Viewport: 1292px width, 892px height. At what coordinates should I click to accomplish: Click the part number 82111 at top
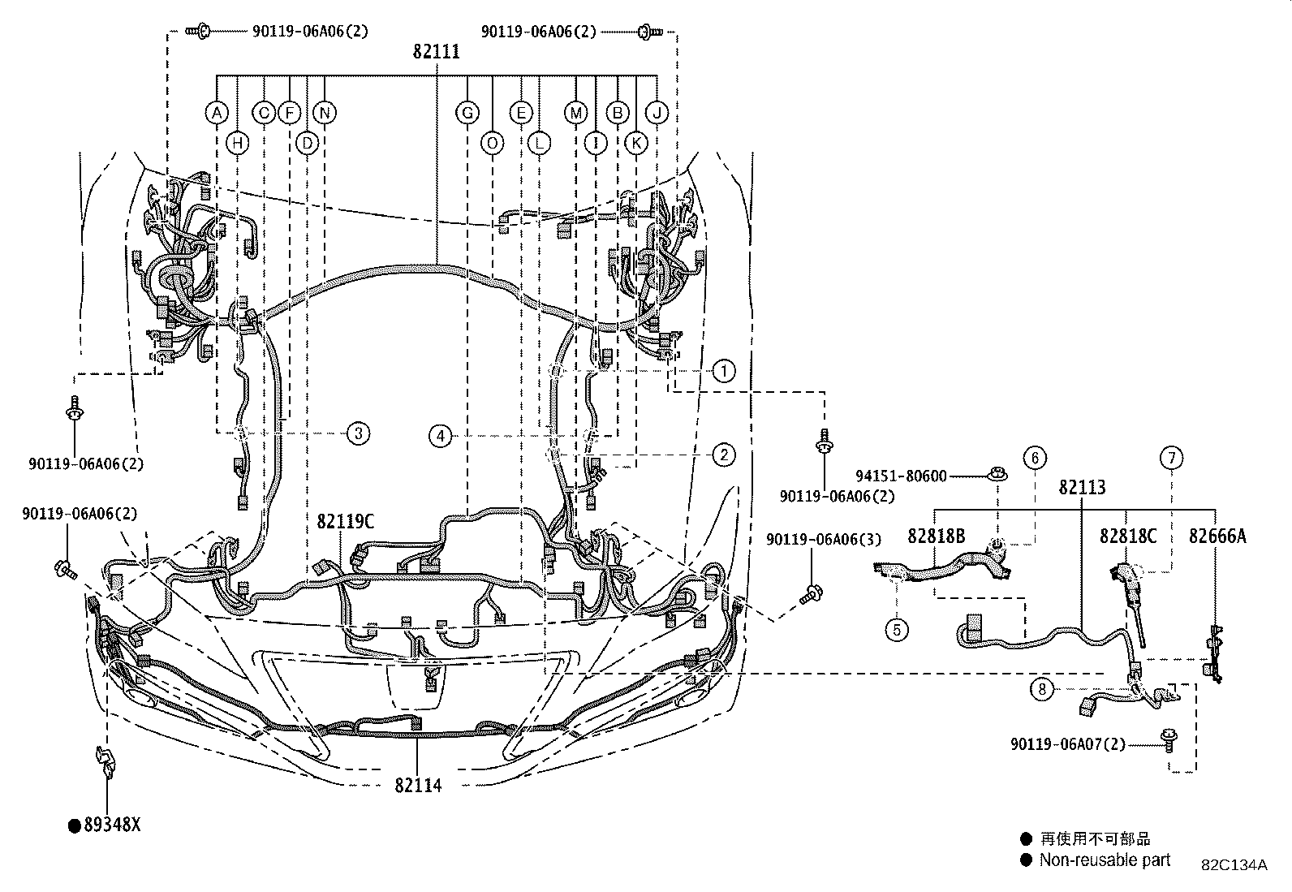click(x=436, y=52)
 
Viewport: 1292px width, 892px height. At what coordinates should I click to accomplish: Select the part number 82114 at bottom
click(x=418, y=785)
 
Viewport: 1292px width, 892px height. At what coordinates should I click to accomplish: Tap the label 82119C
click(x=346, y=522)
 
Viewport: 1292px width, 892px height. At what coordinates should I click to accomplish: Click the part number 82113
click(x=1082, y=488)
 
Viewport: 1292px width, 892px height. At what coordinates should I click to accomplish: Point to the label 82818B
click(x=936, y=536)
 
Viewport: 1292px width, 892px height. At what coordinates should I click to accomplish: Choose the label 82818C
click(x=1128, y=536)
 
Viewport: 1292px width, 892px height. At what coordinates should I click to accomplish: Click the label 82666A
click(x=1217, y=536)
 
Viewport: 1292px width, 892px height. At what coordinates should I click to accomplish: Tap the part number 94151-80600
click(x=901, y=476)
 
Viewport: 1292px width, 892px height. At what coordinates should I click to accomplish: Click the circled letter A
click(x=216, y=113)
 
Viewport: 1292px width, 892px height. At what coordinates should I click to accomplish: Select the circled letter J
click(x=657, y=113)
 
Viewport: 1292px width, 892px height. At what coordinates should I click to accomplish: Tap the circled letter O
click(x=493, y=144)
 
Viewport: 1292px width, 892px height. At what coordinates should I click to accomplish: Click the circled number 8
click(x=1042, y=690)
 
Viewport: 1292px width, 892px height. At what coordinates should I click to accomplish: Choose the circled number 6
click(x=1035, y=458)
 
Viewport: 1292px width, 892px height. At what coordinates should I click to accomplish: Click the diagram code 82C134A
click(x=1234, y=865)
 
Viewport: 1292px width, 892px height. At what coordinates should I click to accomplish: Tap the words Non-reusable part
click(x=1105, y=860)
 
